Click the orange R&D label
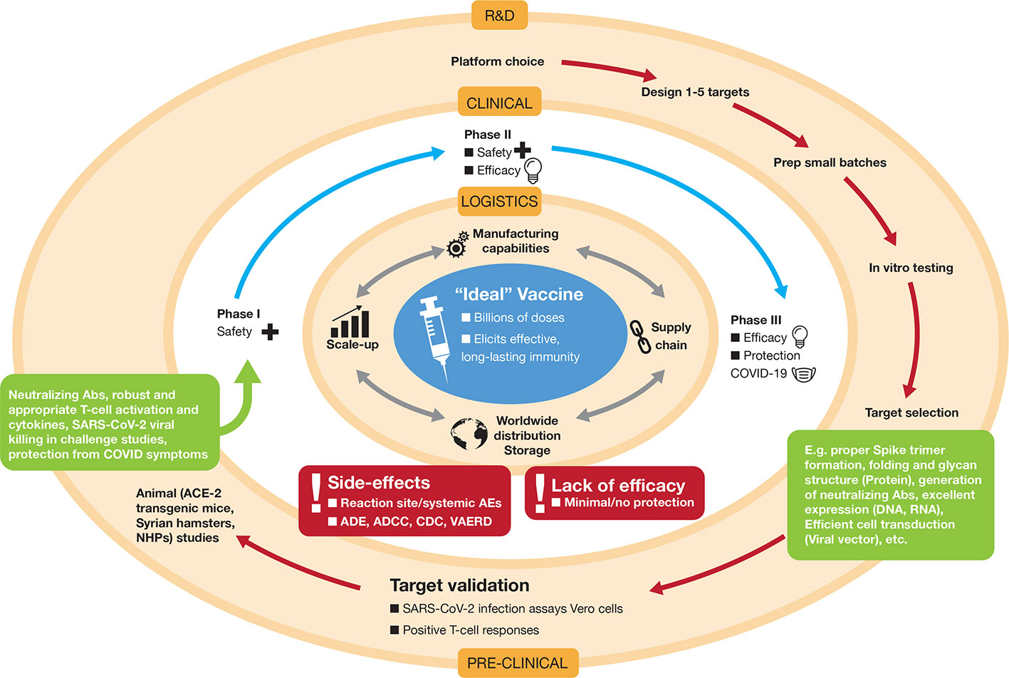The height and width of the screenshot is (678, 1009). [499, 15]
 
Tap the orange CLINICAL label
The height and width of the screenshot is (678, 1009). [499, 103]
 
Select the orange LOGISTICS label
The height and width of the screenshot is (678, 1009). [499, 202]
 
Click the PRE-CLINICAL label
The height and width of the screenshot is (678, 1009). [517, 663]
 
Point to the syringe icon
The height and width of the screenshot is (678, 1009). [433, 335]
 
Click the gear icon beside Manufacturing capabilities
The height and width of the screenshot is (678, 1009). [457, 244]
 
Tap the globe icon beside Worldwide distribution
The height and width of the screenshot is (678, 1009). [469, 434]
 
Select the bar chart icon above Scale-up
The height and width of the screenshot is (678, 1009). [350, 323]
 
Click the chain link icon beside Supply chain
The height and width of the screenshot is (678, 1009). [639, 336]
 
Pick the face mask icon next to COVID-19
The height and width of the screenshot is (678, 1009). [803, 374]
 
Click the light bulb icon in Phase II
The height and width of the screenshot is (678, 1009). [533, 170]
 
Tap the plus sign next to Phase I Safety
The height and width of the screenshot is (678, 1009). [270, 332]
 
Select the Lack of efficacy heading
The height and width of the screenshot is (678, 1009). [618, 486]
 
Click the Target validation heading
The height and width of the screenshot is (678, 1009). [459, 585]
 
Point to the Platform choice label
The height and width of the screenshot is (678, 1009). [497, 61]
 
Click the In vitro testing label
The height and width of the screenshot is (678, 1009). [911, 268]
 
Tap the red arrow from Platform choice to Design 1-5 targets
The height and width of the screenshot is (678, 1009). [609, 68]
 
